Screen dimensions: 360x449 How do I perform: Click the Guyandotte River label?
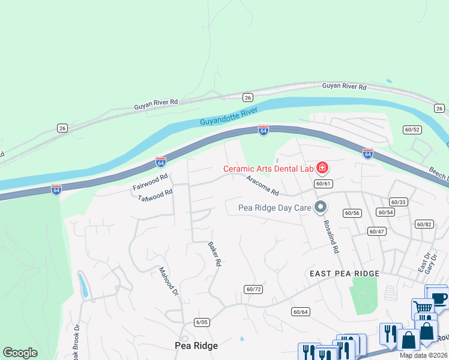tap(229, 117)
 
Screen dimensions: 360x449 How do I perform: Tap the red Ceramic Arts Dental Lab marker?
tap(322, 167)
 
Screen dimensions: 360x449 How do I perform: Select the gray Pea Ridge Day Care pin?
tap(321, 208)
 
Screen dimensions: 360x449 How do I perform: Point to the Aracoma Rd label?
tap(263, 186)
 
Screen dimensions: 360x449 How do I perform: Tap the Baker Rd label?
tap(215, 254)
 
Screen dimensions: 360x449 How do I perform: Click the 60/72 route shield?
tap(253, 289)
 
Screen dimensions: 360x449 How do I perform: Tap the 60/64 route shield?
tap(300, 311)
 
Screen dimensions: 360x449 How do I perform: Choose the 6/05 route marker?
tap(202, 322)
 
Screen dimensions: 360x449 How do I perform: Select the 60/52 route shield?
tap(412, 130)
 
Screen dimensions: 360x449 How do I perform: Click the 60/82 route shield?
tap(424, 224)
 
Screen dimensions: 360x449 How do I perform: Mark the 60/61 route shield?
tap(322, 184)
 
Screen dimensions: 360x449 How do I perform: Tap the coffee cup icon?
tap(439, 298)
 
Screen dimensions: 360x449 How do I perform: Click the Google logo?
tap(20, 353)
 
